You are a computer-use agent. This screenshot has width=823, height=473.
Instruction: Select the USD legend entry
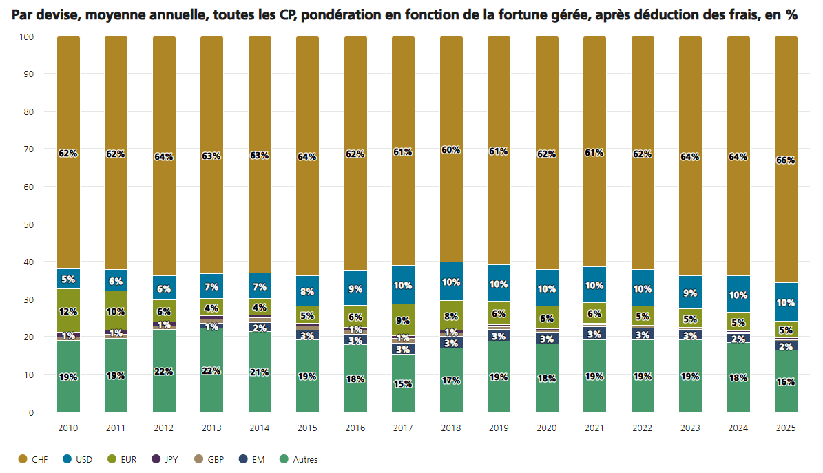79,459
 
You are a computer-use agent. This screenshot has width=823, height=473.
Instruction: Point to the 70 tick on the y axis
29,149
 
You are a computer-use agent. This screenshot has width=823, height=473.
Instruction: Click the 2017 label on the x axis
403,428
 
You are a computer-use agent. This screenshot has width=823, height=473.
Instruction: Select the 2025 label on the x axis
786,428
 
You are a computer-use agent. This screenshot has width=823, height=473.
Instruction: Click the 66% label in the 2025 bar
786,160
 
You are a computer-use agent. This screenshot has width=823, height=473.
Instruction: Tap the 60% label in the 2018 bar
451,150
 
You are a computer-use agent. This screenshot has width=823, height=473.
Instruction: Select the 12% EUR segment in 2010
68,311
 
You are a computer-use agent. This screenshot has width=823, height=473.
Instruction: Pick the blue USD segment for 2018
451,282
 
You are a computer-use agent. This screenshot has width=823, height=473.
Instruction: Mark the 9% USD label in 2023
690,293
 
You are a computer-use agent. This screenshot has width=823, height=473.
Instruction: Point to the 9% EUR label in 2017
403,320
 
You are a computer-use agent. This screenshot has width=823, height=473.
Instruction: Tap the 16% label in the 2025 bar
786,382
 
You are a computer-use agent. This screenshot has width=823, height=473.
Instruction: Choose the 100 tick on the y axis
27,36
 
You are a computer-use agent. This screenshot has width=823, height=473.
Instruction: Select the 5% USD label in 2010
68,279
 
